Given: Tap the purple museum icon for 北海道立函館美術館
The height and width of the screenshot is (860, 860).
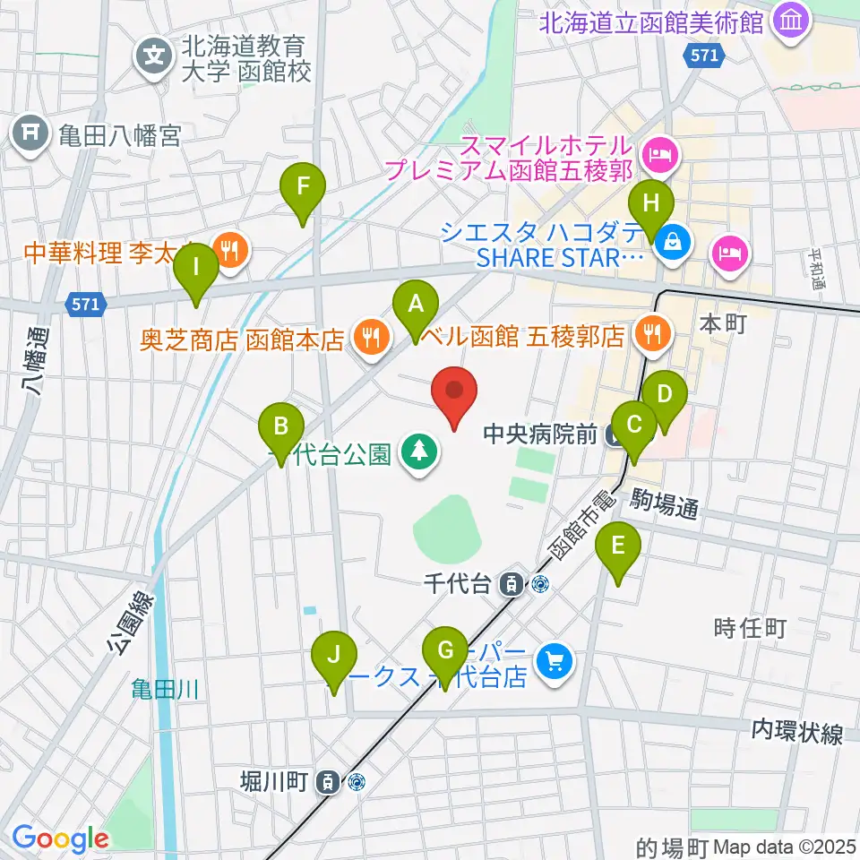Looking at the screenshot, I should (x=791, y=21).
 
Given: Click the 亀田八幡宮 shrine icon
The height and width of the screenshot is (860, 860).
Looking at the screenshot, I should (x=30, y=136).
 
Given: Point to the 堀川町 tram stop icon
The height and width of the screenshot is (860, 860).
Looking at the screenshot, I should (x=330, y=782).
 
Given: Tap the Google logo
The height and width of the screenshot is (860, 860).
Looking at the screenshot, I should (x=60, y=839).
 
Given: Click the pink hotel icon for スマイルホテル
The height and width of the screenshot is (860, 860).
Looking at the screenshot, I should (x=662, y=154).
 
